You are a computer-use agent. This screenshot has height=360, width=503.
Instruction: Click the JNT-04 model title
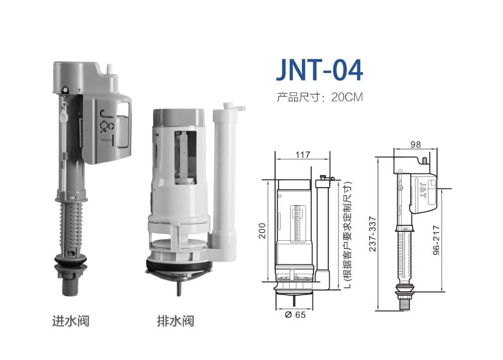point(319,70)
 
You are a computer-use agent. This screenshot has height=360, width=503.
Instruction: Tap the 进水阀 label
point(70,320)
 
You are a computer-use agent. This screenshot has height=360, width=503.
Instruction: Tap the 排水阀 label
point(175,320)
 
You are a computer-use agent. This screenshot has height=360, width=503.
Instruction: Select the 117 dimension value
point(302,155)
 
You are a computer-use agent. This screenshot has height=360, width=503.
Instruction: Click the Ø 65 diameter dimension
point(295,315)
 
